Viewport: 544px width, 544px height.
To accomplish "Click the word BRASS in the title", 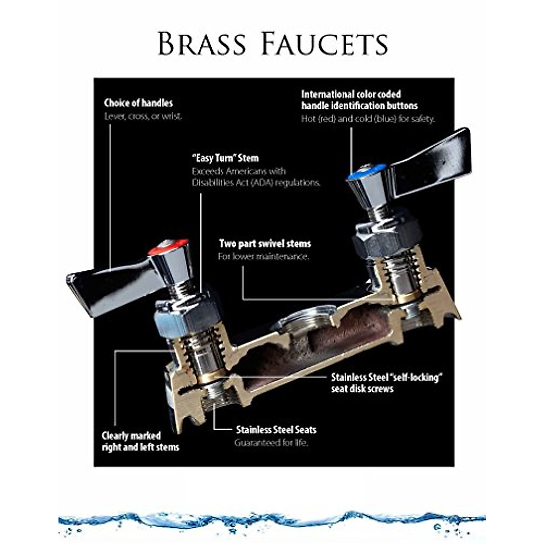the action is [202, 44].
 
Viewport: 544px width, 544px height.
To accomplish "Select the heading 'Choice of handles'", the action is [138, 103].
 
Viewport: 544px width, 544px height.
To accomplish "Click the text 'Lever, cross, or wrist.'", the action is [143, 116].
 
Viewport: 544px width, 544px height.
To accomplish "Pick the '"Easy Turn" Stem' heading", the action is [225, 158].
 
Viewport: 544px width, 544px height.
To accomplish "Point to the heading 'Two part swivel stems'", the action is [265, 243].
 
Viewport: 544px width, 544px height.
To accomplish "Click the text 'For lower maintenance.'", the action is [263, 257].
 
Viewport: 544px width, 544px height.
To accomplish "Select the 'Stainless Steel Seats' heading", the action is [276, 430].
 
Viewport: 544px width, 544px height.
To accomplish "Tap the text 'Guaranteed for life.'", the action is [271, 443].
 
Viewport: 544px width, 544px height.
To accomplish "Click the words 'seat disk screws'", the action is [362, 389].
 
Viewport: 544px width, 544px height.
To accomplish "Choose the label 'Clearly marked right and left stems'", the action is [140, 442].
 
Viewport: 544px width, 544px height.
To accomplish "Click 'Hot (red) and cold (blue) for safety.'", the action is [368, 119].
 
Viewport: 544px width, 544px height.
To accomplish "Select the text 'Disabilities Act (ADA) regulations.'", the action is [256, 183].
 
